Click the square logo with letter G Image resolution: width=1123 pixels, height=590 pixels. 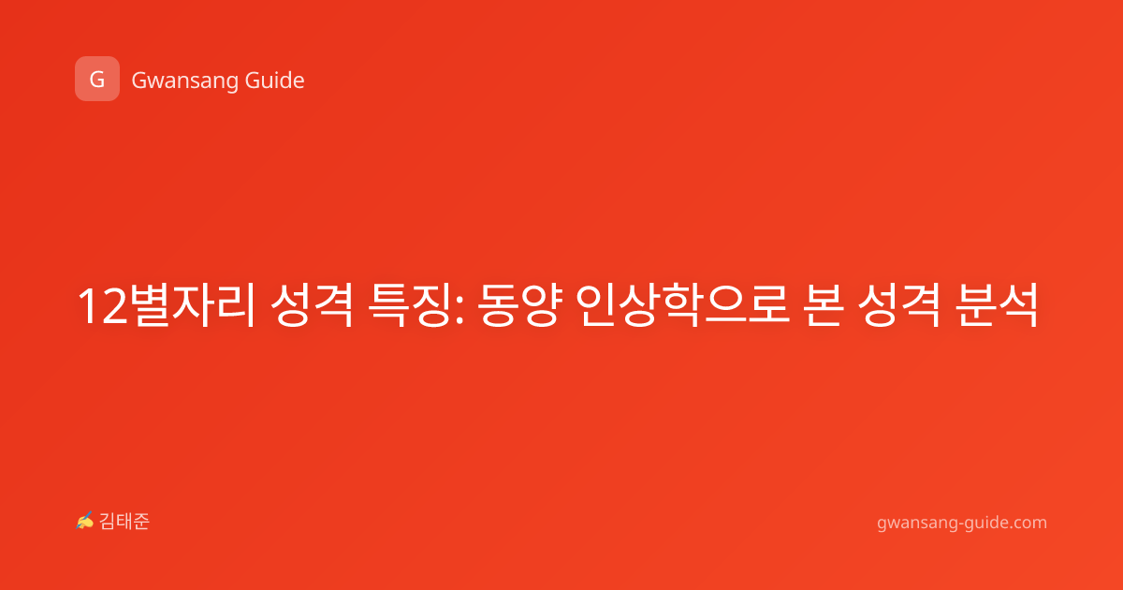pos(97,79)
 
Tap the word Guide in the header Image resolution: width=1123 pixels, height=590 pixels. pos(275,81)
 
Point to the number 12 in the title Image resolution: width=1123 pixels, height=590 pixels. pos(102,306)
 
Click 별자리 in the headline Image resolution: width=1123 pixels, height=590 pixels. pos(193,305)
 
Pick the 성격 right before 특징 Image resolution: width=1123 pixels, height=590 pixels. pos(312,305)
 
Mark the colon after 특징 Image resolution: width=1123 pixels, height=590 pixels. pos(460,311)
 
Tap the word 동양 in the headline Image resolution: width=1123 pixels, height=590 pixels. pos(518,305)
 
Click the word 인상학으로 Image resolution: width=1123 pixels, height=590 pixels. pos(682,305)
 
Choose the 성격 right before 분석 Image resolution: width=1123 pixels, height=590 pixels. pos(899,305)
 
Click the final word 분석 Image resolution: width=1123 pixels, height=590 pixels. pos(996,305)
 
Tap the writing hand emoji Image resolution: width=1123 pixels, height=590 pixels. pos(85,521)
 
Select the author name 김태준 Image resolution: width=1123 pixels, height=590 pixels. pos(124,522)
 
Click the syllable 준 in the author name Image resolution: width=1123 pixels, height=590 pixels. pos(141,522)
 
